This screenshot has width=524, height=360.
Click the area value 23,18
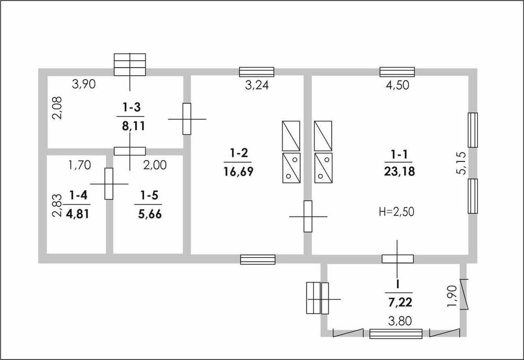399,171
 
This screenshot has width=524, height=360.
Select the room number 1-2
239,154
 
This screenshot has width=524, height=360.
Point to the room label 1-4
79,195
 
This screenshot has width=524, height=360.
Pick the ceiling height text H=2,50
397,212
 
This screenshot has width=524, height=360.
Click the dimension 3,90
84,84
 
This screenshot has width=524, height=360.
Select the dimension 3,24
257,85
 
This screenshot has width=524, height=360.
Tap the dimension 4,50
397,85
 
